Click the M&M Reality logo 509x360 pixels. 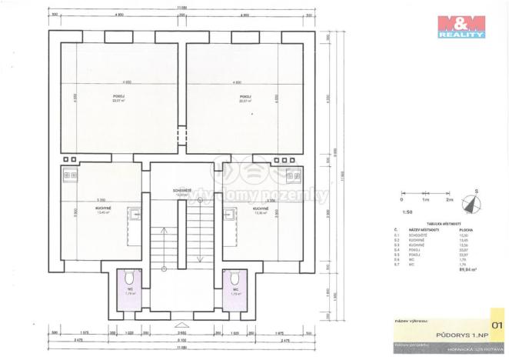(461, 26)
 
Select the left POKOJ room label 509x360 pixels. (118, 97)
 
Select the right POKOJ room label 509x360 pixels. (245, 97)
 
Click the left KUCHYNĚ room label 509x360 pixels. (104, 208)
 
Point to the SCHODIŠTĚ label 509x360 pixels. (182, 191)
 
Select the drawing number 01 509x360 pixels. (496, 315)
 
